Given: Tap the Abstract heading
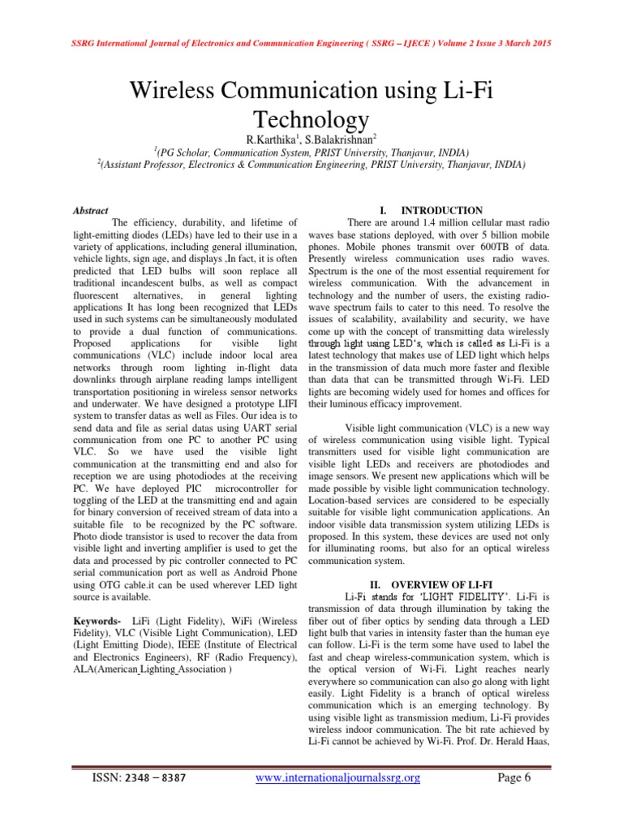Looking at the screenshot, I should point(91,210).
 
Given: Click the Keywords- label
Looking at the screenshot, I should point(97,621).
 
